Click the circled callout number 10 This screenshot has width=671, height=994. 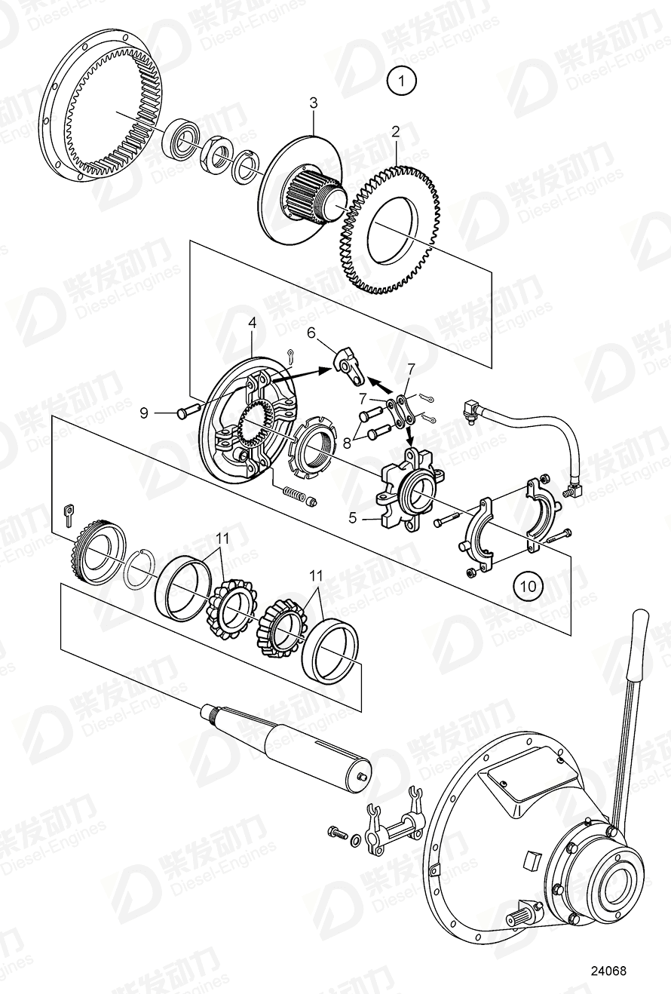[528, 584]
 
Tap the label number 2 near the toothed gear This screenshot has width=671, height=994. [394, 131]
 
